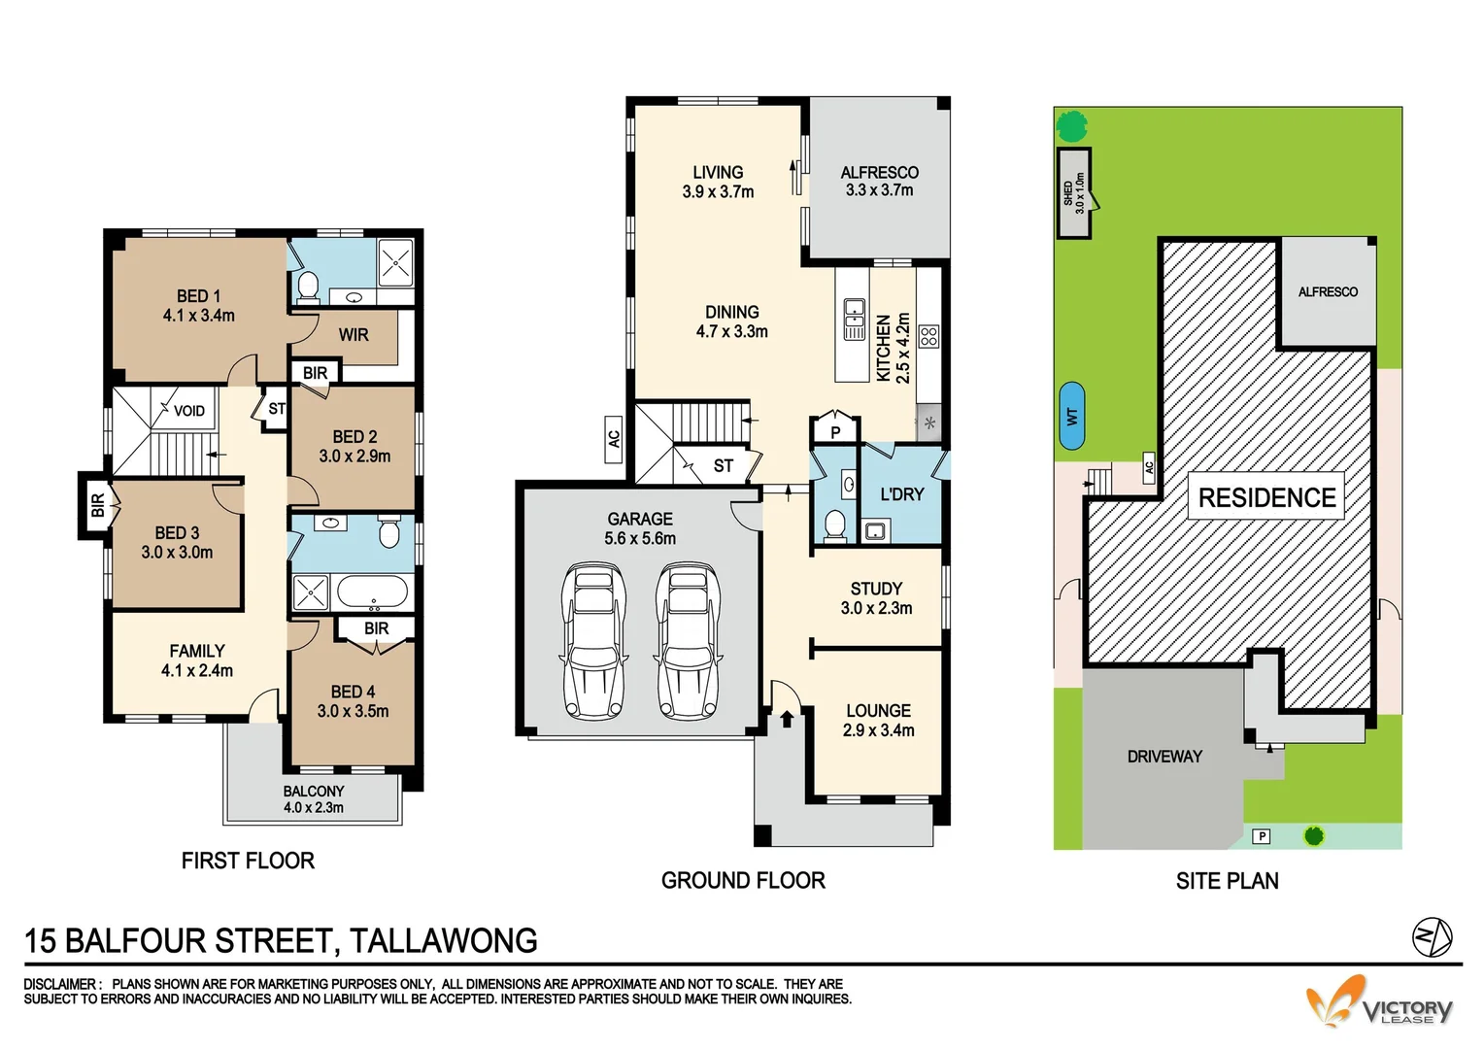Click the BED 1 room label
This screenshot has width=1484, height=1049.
(x=198, y=296)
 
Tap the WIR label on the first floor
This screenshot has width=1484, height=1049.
(x=353, y=335)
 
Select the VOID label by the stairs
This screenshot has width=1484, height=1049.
(x=188, y=411)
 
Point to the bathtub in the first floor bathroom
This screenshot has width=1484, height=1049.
(x=371, y=591)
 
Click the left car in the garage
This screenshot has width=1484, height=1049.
(x=593, y=641)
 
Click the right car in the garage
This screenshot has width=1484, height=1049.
(x=688, y=641)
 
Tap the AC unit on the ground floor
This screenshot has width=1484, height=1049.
(x=613, y=439)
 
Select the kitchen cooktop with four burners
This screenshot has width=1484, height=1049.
(x=928, y=337)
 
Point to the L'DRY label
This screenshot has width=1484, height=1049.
(x=901, y=494)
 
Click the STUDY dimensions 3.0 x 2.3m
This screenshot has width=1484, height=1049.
(x=876, y=609)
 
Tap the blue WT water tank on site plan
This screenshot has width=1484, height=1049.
(x=1071, y=416)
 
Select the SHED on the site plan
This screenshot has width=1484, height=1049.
(x=1073, y=193)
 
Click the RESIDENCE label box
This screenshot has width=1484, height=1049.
(x=1266, y=497)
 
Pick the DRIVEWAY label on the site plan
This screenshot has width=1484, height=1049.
(x=1164, y=757)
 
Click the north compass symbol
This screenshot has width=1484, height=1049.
(x=1432, y=937)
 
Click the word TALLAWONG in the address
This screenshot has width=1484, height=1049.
(x=443, y=941)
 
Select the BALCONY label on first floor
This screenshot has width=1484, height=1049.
(x=313, y=792)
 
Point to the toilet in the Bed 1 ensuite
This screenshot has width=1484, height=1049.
(x=308, y=286)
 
